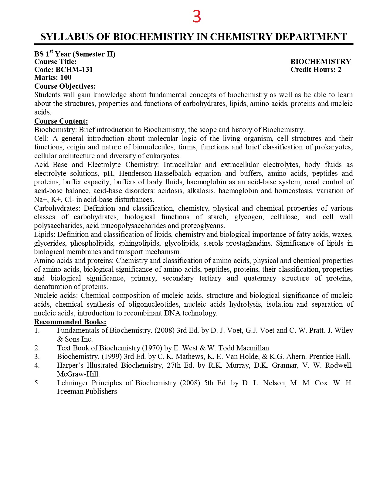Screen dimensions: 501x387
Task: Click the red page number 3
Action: point(197,16)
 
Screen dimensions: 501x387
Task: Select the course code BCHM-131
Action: point(74,70)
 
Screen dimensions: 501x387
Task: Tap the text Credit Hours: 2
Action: point(316,70)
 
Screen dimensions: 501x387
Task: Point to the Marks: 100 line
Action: point(53,77)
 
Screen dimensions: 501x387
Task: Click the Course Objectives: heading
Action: point(65,86)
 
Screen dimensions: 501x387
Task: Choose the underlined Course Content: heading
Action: point(61,121)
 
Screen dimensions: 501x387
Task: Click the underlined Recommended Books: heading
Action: point(70,322)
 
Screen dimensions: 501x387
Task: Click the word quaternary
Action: point(260,278)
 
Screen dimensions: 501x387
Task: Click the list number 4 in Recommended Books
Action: point(37,365)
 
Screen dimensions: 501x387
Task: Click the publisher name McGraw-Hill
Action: point(78,374)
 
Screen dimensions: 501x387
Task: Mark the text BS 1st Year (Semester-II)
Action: point(75,54)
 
